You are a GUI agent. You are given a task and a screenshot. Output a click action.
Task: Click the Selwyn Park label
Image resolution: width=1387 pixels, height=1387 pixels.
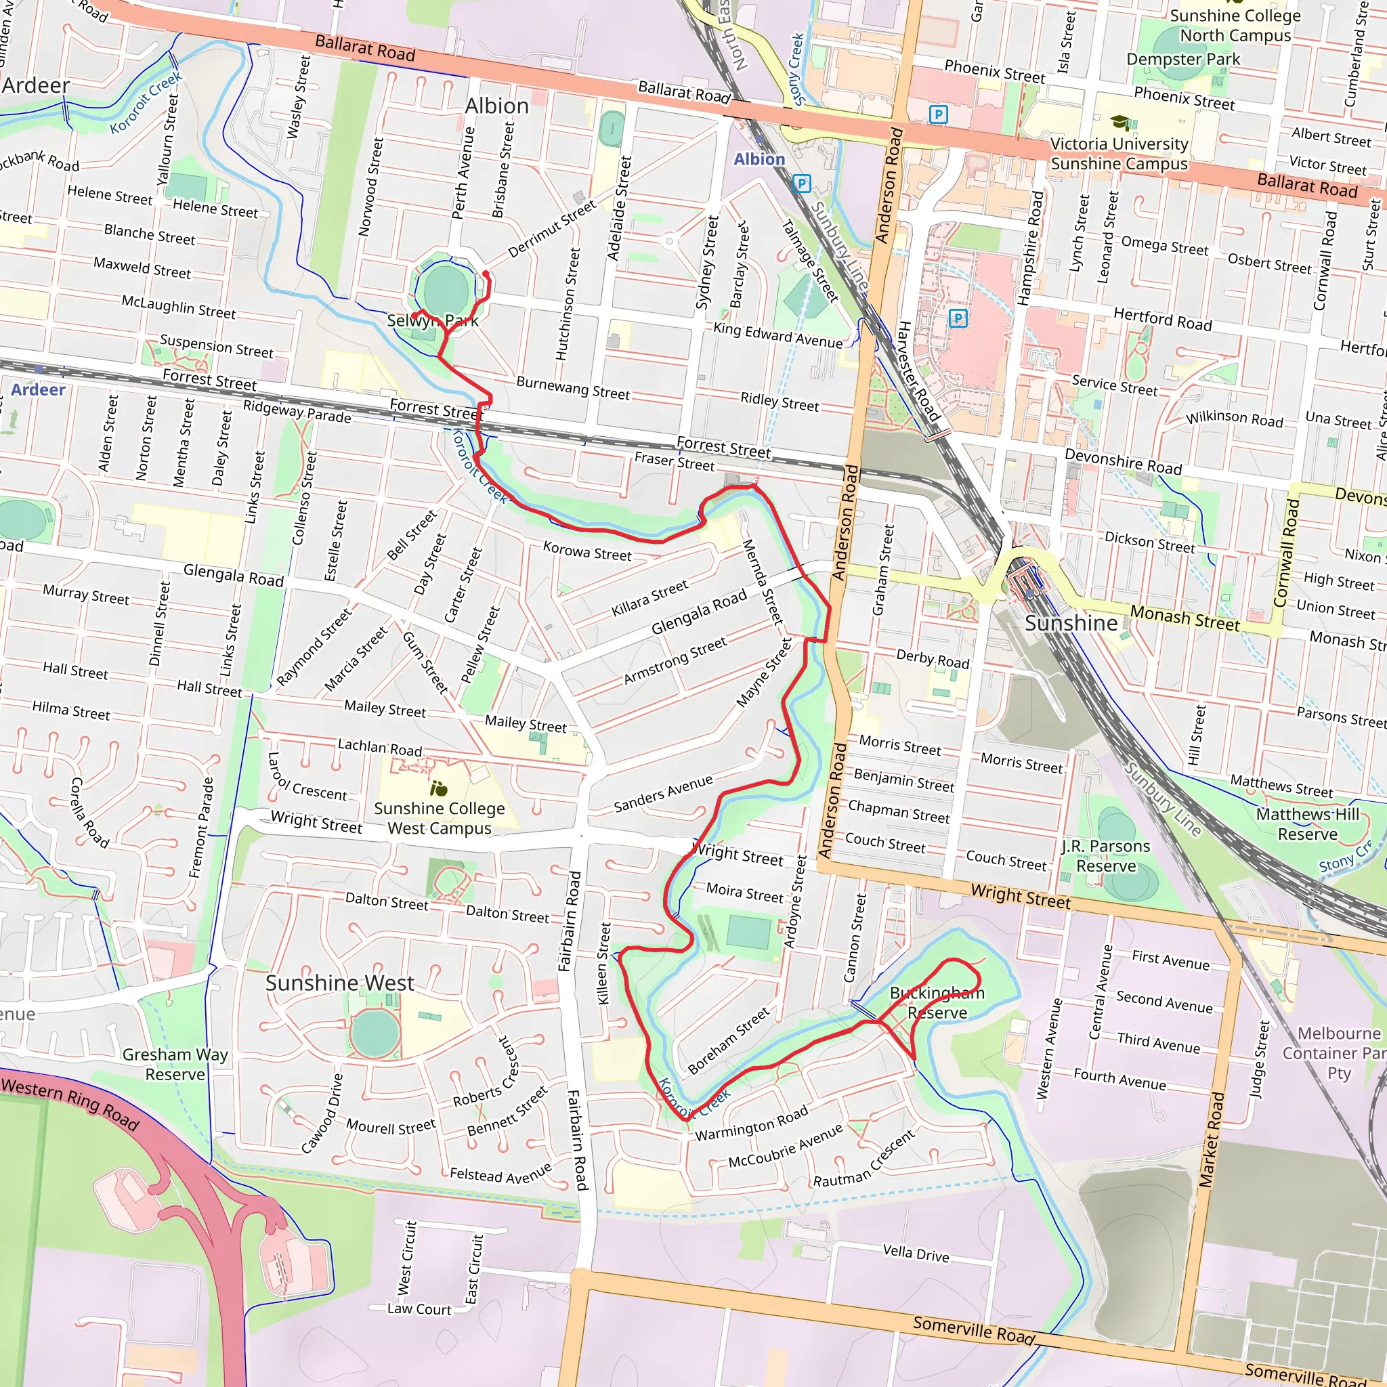[432, 320]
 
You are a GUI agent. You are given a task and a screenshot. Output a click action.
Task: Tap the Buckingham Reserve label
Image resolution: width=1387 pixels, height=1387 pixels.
[937, 1002]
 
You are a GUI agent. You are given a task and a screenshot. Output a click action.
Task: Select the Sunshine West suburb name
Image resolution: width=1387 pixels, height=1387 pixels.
[339, 983]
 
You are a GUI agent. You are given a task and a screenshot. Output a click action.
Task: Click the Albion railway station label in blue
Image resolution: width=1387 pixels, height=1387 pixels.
[759, 159]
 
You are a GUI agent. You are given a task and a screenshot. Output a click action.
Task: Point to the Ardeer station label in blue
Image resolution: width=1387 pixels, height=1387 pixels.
[38, 390]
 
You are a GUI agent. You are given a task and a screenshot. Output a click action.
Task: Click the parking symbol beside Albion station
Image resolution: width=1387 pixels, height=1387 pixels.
[802, 184]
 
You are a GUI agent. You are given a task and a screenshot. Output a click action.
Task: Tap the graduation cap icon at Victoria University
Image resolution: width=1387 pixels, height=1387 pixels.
[1120, 121]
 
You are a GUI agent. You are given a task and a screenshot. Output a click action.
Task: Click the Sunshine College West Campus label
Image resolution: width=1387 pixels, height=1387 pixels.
[440, 817]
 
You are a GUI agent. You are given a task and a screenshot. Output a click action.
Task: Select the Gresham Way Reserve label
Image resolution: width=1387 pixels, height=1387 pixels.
[175, 1064]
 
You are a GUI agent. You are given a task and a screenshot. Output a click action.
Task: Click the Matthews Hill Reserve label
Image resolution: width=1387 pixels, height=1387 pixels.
[1307, 824]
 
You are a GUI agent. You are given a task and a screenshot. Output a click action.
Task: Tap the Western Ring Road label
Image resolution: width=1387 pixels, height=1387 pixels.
[70, 1103]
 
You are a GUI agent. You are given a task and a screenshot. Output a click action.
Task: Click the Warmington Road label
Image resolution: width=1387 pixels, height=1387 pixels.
[752, 1124]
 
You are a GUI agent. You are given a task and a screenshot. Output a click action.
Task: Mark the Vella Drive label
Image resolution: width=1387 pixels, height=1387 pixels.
[916, 1254]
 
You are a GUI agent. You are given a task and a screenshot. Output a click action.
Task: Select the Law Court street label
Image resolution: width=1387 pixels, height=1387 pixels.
[419, 1308]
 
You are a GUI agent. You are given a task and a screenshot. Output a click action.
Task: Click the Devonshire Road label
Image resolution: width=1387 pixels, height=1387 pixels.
[1123, 462]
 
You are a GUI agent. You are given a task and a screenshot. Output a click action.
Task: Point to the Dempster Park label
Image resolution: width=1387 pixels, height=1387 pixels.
[1182, 59]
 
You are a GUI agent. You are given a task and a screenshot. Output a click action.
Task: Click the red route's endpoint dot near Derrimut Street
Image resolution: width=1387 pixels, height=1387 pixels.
[486, 274]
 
